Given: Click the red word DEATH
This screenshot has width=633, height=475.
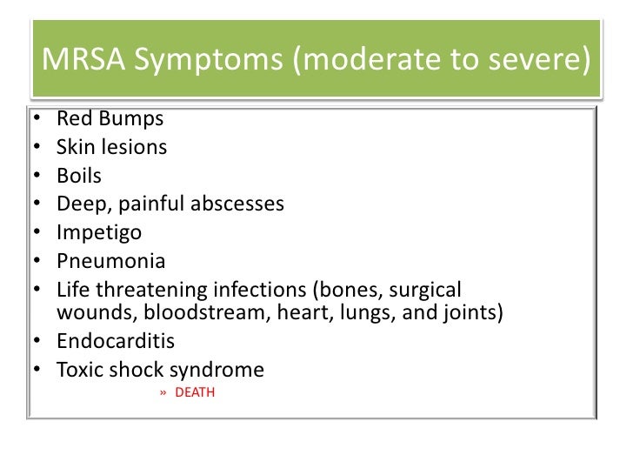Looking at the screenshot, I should coord(195,393).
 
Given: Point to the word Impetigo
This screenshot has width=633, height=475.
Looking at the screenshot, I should coord(98,233).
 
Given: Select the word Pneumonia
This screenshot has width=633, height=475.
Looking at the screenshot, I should coord(110,261).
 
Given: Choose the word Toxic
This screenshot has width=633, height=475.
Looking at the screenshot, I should coord(79,370).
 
